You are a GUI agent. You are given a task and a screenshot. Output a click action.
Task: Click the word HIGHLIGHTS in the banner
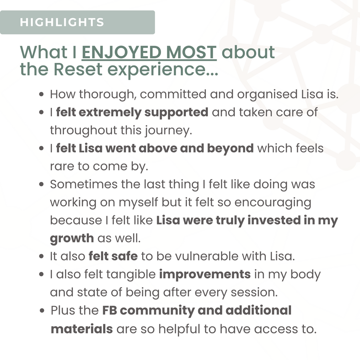(x=62, y=22)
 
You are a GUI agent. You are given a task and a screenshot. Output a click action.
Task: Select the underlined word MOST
(x=191, y=52)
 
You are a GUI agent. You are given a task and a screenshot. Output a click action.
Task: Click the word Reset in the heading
(x=78, y=69)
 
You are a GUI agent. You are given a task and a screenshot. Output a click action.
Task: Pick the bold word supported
(x=176, y=113)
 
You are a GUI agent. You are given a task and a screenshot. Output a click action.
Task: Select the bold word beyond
(x=230, y=148)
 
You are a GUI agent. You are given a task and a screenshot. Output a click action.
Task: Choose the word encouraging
(x=273, y=203)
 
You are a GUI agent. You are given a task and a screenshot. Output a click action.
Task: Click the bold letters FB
(x=109, y=311)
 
